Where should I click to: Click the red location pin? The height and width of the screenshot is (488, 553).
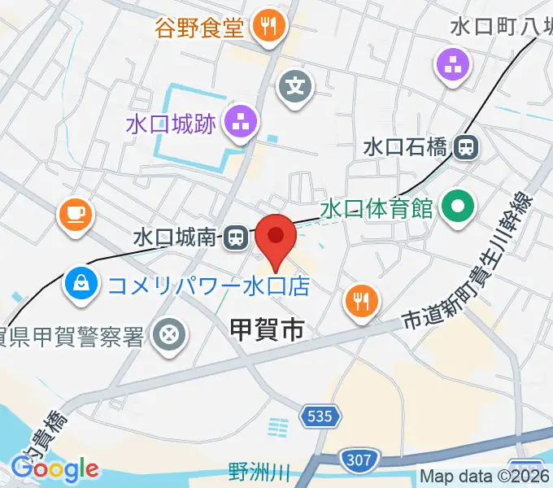point(276,237)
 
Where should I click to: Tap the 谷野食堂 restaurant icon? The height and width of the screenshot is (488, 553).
point(268,28)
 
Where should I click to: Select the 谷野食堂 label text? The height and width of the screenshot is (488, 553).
point(199,28)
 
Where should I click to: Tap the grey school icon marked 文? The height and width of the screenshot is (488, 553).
point(295,84)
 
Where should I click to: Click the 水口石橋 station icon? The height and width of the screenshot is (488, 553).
point(467,147)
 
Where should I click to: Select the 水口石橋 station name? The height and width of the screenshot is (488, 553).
point(405,147)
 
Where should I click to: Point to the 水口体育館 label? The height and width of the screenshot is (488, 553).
point(376,208)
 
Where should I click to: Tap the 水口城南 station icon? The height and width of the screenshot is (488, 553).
point(236,237)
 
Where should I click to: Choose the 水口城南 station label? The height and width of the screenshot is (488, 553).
point(176,237)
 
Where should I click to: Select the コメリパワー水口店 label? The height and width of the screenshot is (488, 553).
point(209,285)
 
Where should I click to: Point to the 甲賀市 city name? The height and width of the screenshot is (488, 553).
point(268,329)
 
